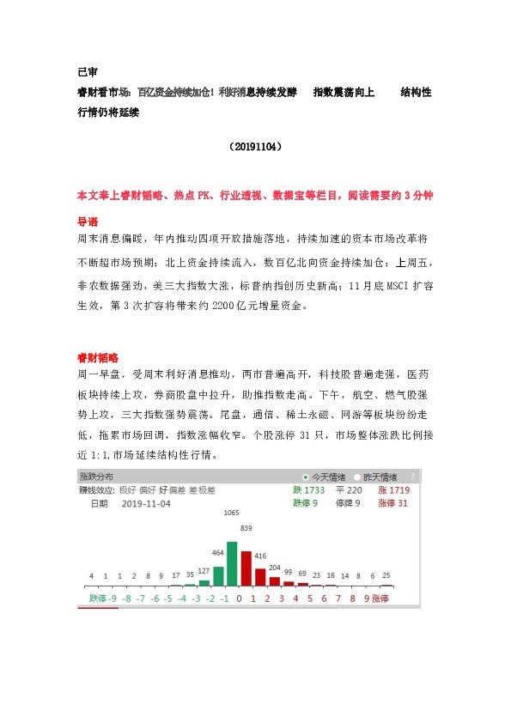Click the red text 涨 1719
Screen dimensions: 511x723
(393, 489)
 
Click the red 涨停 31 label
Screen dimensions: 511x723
(393, 503)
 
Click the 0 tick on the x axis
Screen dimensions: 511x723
(240, 597)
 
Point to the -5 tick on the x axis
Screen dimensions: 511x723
(168, 597)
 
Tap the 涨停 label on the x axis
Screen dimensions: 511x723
(380, 597)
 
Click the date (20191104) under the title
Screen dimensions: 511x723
(255, 147)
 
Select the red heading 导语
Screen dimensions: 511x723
(88, 221)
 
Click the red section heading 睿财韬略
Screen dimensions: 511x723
(98, 356)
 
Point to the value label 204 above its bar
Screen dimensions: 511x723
(275, 568)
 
